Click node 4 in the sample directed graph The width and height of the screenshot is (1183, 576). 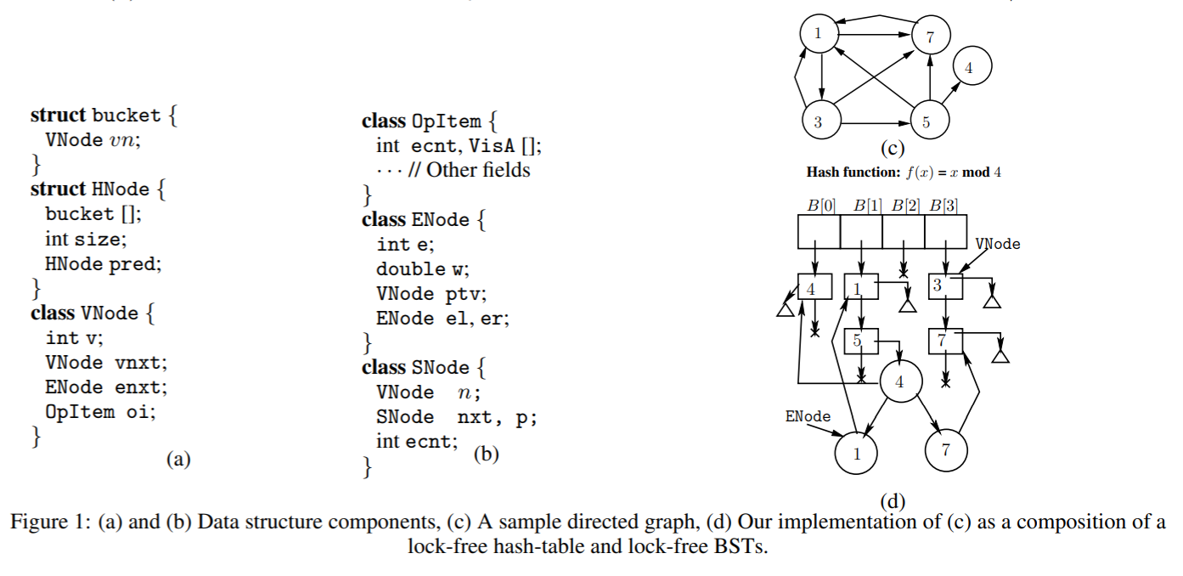[x=972, y=65]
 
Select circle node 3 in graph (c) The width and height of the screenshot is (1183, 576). [x=821, y=120]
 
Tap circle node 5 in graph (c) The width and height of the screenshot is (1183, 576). [x=929, y=120]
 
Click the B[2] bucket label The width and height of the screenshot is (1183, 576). [x=906, y=205]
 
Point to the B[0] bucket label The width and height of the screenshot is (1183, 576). [x=821, y=205]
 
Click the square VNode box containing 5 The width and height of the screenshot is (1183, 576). [x=861, y=341]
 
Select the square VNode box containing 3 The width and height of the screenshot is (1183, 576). [x=945, y=286]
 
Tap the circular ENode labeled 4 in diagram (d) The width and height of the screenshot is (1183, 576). [x=901, y=381]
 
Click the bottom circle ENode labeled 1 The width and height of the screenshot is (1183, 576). [x=856, y=453]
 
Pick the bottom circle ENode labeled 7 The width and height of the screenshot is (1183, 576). [x=946, y=449]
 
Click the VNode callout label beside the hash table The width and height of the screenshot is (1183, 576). [x=998, y=244]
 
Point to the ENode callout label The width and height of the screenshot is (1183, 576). [x=808, y=416]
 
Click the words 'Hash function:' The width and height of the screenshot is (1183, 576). [x=853, y=172]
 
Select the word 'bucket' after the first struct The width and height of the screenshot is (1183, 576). [x=127, y=115]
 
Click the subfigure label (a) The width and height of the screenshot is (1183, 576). [x=178, y=459]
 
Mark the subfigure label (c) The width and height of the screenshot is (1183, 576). [x=893, y=148]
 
